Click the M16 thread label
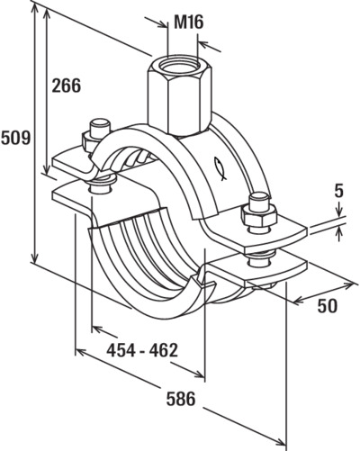click(189, 23)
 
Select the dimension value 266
click(67, 86)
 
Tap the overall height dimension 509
click(15, 138)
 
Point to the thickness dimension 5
click(338, 192)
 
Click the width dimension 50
click(328, 306)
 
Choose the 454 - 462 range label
click(142, 350)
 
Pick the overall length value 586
click(181, 399)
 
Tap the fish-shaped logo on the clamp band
click(220, 168)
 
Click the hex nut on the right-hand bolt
click(258, 217)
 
